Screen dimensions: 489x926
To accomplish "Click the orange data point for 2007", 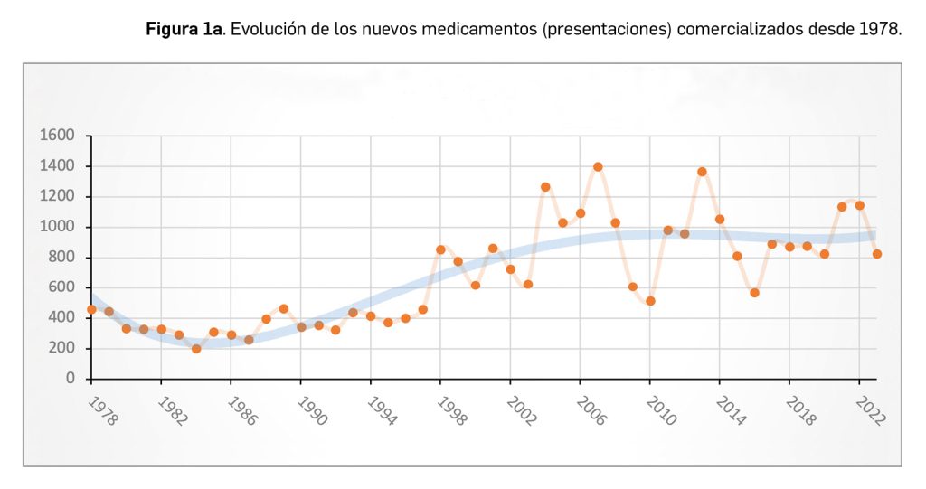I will click(x=598, y=167).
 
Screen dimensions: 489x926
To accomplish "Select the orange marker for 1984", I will click(x=196, y=348).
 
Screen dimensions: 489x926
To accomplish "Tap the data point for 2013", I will click(x=702, y=172).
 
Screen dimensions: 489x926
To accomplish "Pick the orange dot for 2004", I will click(x=545, y=187).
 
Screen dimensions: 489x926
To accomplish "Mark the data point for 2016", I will click(x=754, y=293).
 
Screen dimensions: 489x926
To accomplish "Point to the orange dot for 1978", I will click(x=91, y=309).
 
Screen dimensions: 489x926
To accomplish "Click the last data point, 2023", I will click(x=876, y=254).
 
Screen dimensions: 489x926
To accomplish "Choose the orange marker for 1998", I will click(x=440, y=249).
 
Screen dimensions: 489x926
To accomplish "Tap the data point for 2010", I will click(x=650, y=301).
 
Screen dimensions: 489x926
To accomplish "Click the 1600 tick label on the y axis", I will click(x=57, y=136).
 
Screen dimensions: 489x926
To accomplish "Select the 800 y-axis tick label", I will click(x=61, y=258).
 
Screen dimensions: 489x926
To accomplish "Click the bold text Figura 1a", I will click(x=185, y=29).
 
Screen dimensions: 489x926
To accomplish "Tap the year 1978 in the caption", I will click(x=881, y=29).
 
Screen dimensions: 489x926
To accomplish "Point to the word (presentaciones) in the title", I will click(x=608, y=29).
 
